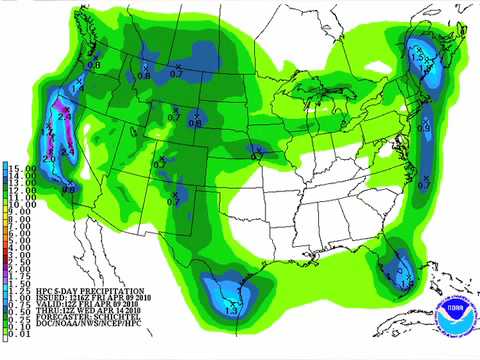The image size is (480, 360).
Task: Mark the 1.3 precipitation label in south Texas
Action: point(231,312)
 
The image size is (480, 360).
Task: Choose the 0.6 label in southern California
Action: point(69,188)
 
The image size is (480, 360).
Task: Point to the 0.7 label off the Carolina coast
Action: point(424,186)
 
